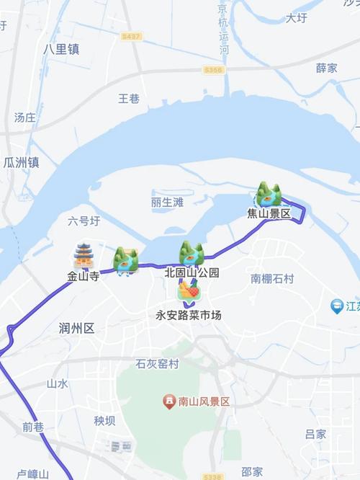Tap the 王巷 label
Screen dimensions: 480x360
(x=129, y=99)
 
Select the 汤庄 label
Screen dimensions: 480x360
(x=25, y=117)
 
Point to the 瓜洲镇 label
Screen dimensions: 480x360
(x=22, y=163)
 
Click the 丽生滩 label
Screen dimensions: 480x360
(x=168, y=203)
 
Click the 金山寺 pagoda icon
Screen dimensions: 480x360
(x=84, y=256)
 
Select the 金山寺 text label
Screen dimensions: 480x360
(x=83, y=275)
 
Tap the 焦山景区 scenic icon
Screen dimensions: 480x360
(x=269, y=195)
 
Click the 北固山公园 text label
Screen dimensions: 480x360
(x=192, y=273)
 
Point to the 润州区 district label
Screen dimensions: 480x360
(x=76, y=329)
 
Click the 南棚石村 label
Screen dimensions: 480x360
(x=272, y=278)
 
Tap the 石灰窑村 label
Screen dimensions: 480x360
(x=157, y=365)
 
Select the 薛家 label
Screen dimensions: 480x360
(x=326, y=68)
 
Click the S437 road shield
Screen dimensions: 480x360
(x=132, y=35)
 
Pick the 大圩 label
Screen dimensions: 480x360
(x=296, y=18)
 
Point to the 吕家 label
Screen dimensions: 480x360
(x=315, y=434)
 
